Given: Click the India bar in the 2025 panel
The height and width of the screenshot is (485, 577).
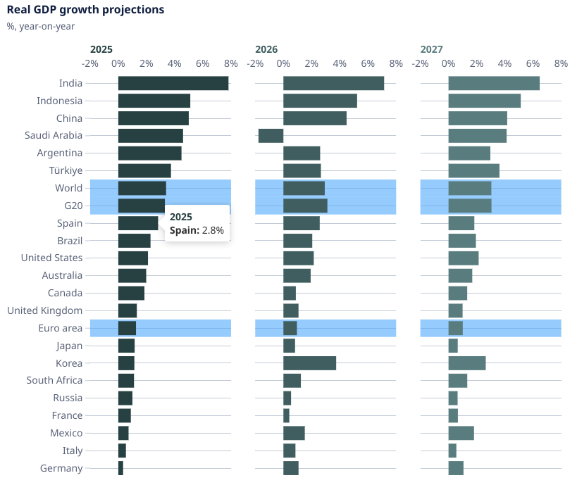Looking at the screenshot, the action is pyautogui.click(x=173, y=83).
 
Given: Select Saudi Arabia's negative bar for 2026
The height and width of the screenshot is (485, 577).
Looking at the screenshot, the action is pyautogui.click(x=271, y=136).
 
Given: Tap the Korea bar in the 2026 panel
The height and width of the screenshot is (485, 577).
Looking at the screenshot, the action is pyautogui.click(x=309, y=363).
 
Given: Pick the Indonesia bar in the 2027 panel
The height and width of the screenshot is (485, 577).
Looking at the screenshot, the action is pyautogui.click(x=485, y=101).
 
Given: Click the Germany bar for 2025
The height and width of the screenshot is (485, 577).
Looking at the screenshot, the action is pyautogui.click(x=120, y=468).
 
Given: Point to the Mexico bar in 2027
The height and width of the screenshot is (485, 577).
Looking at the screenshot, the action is pyautogui.click(x=461, y=433).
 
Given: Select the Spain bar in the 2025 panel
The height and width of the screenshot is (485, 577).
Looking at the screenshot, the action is pyautogui.click(x=138, y=223).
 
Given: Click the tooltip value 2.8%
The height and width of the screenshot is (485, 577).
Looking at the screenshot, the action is pyautogui.click(x=213, y=231).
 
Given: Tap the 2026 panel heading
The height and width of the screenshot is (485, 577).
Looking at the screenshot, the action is pyautogui.click(x=266, y=49).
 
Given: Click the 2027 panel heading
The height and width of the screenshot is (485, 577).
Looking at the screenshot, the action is pyautogui.click(x=432, y=49).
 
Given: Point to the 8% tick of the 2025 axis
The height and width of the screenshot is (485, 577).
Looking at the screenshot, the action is pyautogui.click(x=231, y=63).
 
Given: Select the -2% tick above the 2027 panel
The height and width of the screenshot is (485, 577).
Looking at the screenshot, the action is pyautogui.click(x=421, y=63).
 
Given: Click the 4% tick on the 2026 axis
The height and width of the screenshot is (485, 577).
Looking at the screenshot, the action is pyautogui.click(x=340, y=63).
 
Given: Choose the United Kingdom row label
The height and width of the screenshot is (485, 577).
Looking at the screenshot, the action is pyautogui.click(x=45, y=310).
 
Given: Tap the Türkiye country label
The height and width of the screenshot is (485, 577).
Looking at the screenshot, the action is pyautogui.click(x=66, y=170).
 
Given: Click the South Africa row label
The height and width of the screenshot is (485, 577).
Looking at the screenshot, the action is pyautogui.click(x=54, y=380).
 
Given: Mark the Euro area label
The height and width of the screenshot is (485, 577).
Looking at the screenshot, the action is pyautogui.click(x=61, y=328).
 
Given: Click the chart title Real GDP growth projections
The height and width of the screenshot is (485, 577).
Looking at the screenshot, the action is pyautogui.click(x=85, y=10).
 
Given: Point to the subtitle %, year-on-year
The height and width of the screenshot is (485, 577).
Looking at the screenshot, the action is pyautogui.click(x=40, y=27).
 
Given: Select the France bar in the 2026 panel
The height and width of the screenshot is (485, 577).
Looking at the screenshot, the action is pyautogui.click(x=286, y=415).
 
